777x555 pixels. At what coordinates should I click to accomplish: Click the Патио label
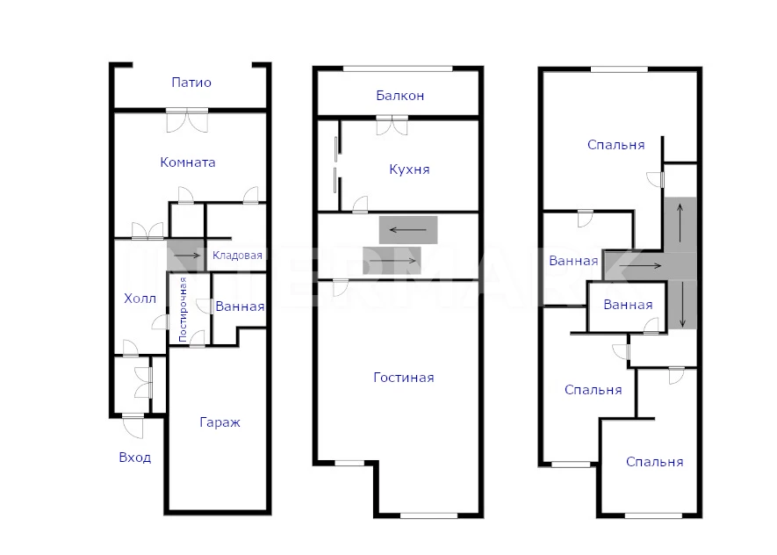[191, 83]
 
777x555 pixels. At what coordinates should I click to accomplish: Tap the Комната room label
[188, 162]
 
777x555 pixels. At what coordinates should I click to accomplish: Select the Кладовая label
[237, 256]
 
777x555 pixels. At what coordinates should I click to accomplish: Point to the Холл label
[140, 299]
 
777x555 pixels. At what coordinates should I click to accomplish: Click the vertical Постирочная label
[183, 310]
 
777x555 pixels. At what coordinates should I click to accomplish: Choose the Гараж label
[220, 422]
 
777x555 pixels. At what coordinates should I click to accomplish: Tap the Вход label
[135, 458]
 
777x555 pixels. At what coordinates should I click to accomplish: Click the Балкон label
[399, 95]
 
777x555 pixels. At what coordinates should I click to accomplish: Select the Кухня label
[409, 169]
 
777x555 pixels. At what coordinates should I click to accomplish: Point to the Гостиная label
[404, 378]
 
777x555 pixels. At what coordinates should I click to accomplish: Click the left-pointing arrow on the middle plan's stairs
[408, 230]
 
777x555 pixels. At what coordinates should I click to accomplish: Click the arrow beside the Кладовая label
[187, 256]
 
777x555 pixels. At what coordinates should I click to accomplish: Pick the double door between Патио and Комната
[187, 120]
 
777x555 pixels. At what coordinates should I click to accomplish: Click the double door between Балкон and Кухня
[392, 125]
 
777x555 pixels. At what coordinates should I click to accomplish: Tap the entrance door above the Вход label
[133, 426]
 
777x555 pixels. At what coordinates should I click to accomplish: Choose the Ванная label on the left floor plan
[240, 306]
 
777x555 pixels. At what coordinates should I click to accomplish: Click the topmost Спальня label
[616, 145]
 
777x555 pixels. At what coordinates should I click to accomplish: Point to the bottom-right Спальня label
[655, 462]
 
